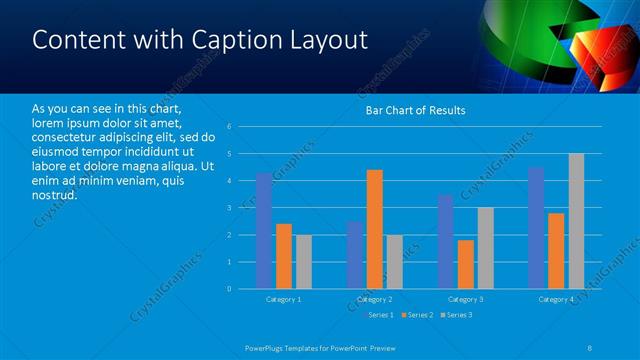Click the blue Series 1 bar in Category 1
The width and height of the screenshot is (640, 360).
pyautogui.click(x=264, y=231)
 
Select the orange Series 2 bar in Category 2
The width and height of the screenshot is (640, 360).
pyautogui.click(x=375, y=229)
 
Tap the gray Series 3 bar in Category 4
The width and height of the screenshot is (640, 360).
pyautogui.click(x=576, y=221)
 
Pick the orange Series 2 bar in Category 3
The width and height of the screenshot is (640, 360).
pyautogui.click(x=465, y=264)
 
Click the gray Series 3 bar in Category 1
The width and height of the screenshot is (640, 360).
pyautogui.click(x=303, y=262)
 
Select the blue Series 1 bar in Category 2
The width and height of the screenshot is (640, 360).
pyautogui.click(x=355, y=255)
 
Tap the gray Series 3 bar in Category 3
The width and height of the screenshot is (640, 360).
pyautogui.click(x=485, y=248)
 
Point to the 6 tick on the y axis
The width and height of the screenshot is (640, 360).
pyautogui.click(x=230, y=127)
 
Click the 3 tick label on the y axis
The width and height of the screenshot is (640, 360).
pyautogui.click(x=230, y=208)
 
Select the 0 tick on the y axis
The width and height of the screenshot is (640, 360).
pyautogui.click(x=230, y=289)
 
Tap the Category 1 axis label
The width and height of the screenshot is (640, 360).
pyautogui.click(x=284, y=299)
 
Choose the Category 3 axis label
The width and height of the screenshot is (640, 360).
pyautogui.click(x=465, y=299)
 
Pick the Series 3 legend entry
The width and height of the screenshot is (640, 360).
pyautogui.click(x=457, y=315)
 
